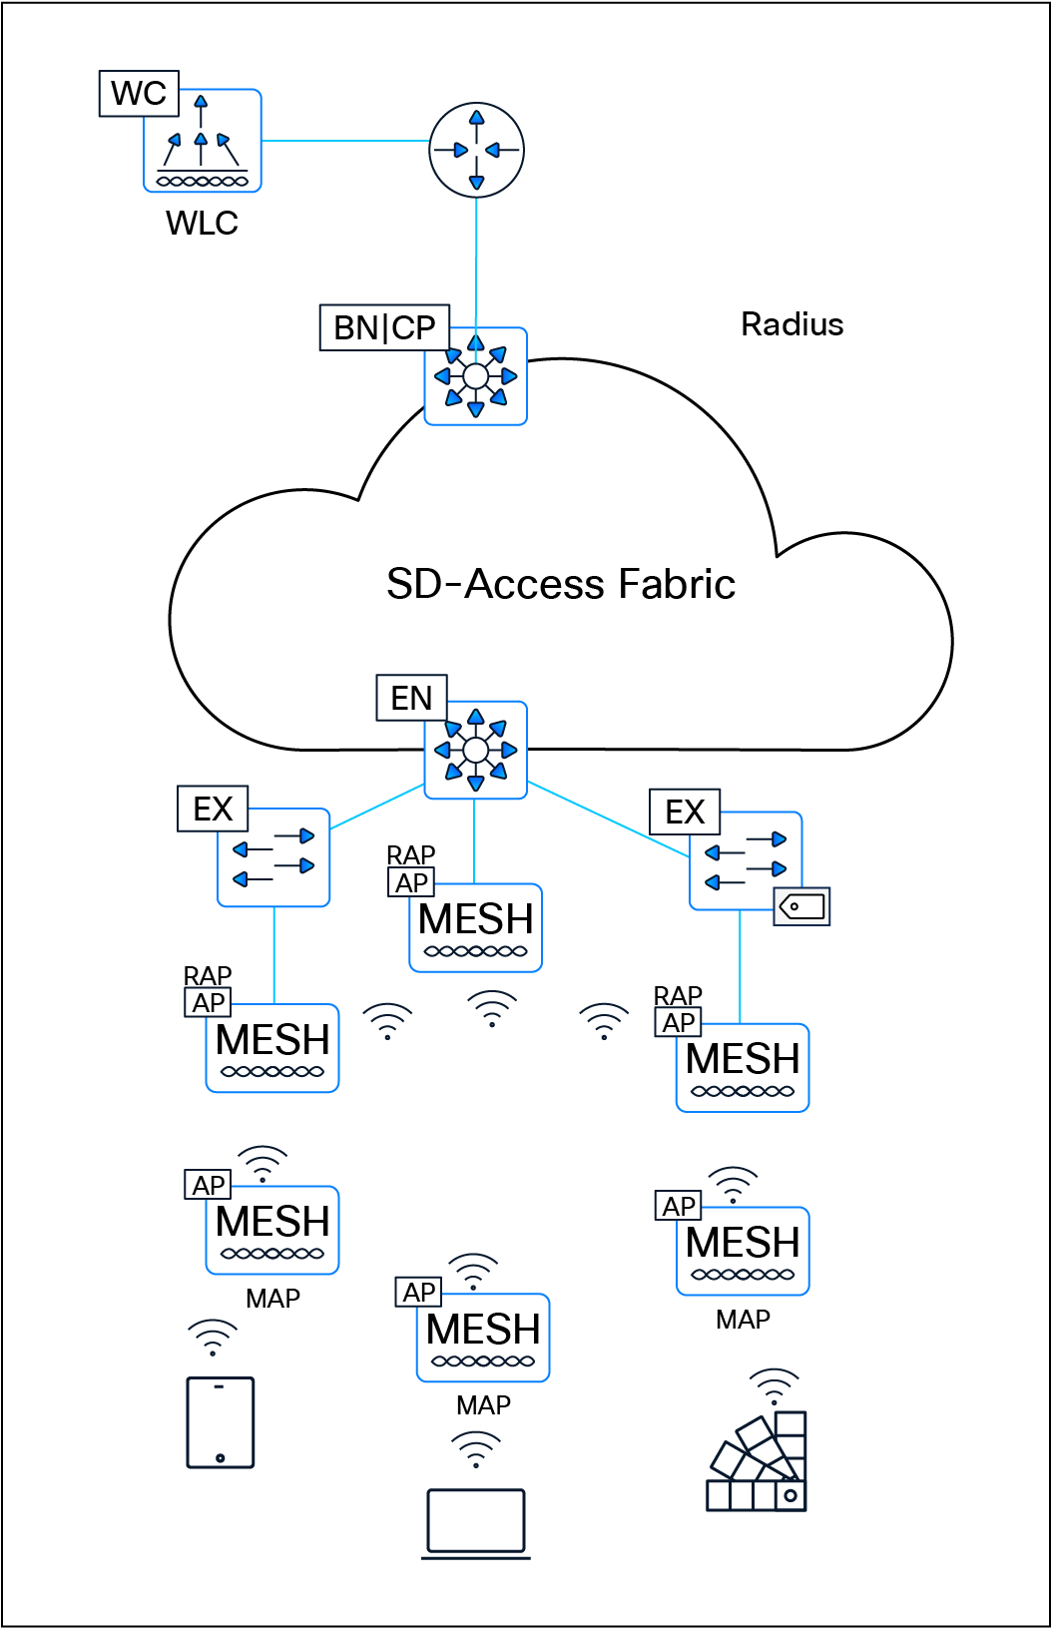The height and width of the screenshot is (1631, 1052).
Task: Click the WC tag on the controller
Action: (139, 94)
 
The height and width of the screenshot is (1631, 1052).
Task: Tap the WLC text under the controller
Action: (202, 223)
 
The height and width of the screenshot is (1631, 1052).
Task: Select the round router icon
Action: (476, 150)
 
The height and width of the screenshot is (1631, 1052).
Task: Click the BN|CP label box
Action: (384, 327)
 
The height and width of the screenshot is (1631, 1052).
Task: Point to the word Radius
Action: (791, 324)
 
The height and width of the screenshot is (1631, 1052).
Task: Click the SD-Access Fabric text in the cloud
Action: (561, 584)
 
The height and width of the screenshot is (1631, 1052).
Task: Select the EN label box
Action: (411, 698)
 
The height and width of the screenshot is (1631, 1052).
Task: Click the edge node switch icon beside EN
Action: (476, 751)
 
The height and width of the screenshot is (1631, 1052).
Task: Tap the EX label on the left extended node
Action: (213, 809)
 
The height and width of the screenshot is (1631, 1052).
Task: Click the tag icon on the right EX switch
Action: (802, 906)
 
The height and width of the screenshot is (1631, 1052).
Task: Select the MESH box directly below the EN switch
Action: (476, 927)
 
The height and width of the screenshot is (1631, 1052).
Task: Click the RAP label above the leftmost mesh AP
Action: (207, 974)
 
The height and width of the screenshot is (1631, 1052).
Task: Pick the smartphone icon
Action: (221, 1422)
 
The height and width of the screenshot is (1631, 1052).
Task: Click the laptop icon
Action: (476, 1522)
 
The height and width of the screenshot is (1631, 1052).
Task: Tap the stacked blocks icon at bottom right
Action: (759, 1465)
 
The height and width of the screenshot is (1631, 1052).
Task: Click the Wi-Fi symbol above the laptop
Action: (476, 1448)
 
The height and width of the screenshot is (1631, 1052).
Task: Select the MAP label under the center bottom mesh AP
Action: (483, 1405)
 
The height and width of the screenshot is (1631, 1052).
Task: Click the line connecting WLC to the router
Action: (344, 141)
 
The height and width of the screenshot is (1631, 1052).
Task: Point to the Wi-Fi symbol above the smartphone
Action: (213, 1337)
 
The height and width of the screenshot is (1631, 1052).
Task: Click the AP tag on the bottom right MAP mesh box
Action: (679, 1206)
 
